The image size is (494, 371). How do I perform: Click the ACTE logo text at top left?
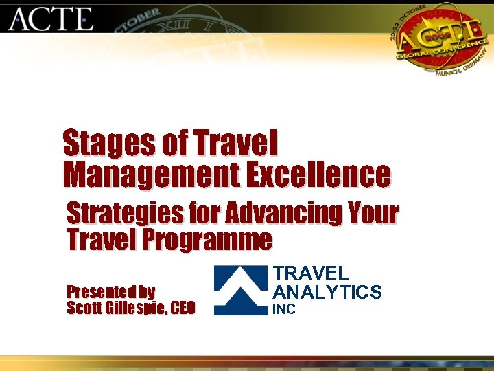51,19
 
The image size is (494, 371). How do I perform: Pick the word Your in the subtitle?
373,214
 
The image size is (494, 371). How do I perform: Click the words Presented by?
110,291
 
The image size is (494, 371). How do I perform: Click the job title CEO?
182,308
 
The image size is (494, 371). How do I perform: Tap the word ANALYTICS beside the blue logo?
327,293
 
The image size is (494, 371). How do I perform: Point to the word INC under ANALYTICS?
284,310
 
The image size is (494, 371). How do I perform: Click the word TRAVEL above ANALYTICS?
311,274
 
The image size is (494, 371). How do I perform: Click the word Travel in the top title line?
235,144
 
